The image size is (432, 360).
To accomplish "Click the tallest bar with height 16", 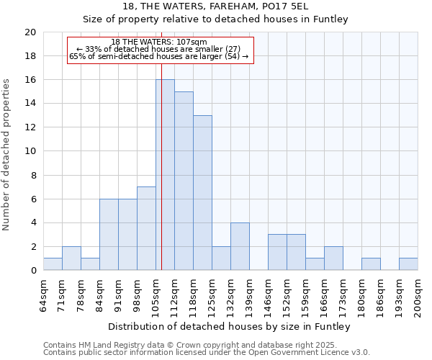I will click(165, 175).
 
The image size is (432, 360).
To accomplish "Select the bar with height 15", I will click(184, 181).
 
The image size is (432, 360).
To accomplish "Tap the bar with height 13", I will click(202, 193).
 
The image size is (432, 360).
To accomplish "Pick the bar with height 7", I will click(146, 228).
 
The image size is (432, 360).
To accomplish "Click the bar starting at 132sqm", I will click(240, 246).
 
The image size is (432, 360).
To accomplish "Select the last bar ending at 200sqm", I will click(408, 264).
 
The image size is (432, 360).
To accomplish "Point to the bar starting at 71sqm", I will click(71, 258).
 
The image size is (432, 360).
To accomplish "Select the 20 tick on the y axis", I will click(30, 32).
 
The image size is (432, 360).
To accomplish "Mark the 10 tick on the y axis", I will click(30, 151).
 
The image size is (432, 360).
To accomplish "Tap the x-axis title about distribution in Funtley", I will click(230, 326).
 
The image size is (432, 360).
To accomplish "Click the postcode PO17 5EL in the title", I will click(315, 6).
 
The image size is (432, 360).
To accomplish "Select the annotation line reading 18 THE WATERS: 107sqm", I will click(159, 42).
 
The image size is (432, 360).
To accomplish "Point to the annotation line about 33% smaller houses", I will click(159, 50).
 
